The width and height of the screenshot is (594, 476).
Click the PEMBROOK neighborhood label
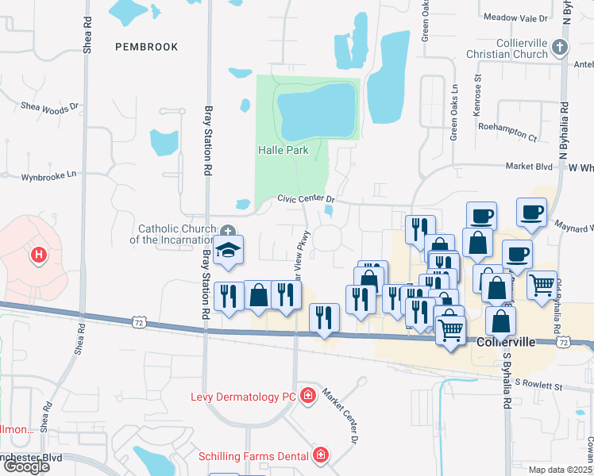[147, 47]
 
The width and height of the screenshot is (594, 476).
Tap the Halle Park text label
[282, 149]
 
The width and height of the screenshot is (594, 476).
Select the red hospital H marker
[37, 255]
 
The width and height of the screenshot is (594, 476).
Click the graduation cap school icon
[229, 250]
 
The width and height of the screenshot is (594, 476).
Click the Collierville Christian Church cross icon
[560, 48]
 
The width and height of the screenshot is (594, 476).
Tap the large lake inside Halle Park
[315, 110]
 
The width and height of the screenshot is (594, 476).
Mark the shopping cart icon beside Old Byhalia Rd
[542, 285]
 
